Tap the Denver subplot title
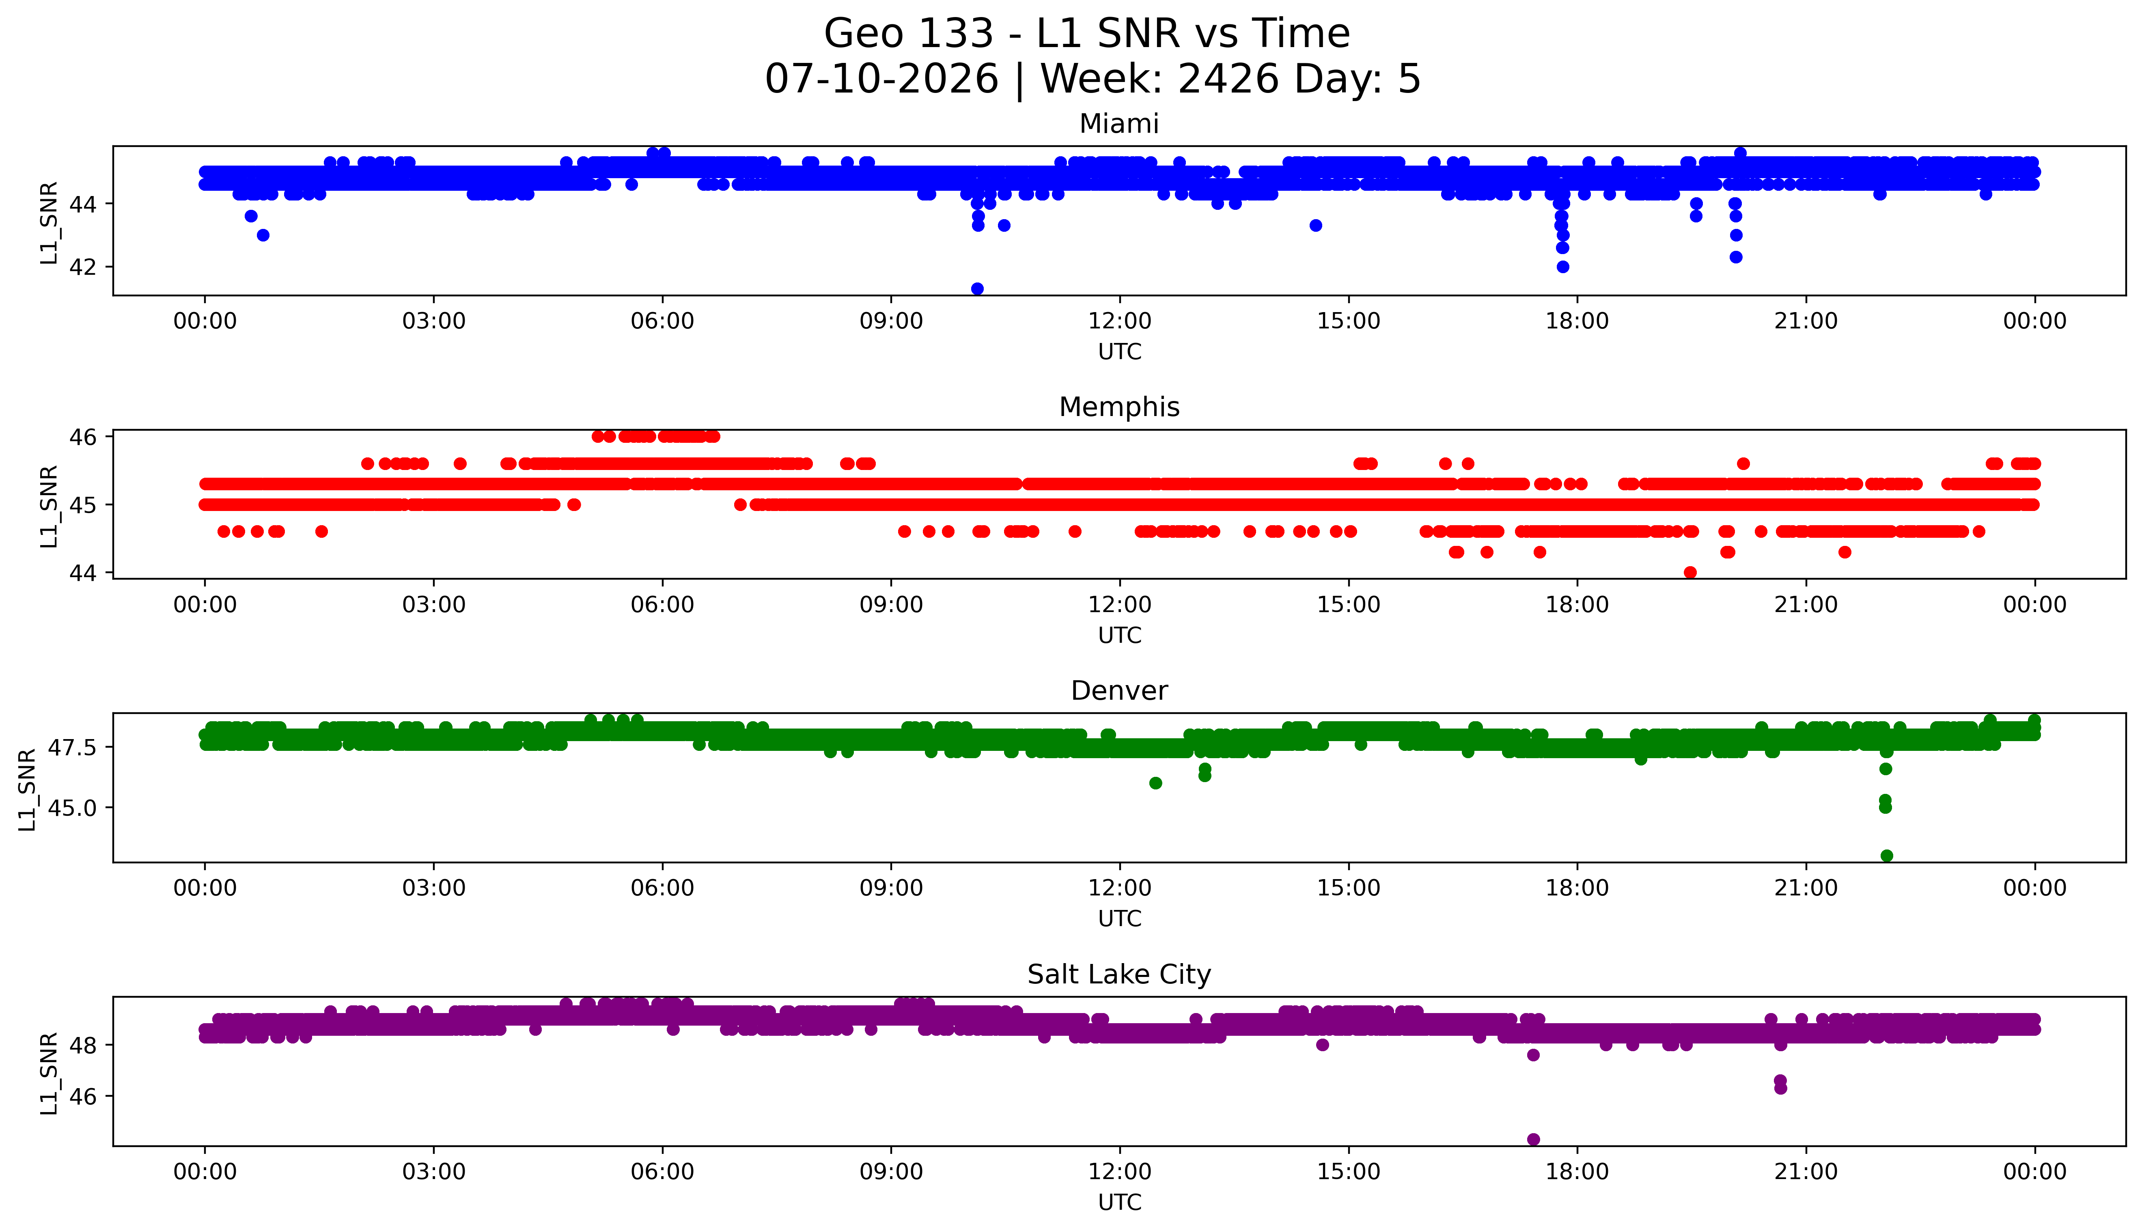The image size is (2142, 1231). pyautogui.click(x=1119, y=691)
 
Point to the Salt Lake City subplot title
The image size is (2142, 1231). pyautogui.click(x=1119, y=975)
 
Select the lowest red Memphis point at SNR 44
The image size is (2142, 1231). pyautogui.click(x=1690, y=572)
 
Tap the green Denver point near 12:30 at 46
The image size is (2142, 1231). pyautogui.click(x=1155, y=783)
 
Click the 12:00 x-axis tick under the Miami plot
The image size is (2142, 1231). pyautogui.click(x=1120, y=321)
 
